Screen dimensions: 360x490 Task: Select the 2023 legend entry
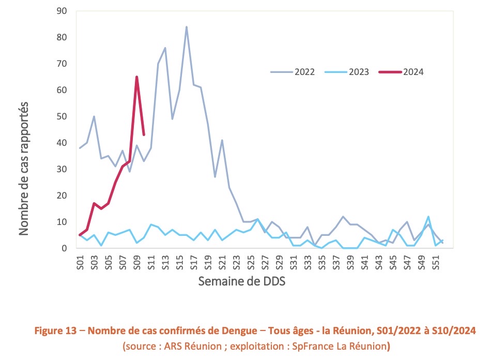coord(346,72)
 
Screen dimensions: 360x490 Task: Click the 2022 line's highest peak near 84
coord(187,27)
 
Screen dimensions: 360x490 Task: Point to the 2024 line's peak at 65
coord(136,77)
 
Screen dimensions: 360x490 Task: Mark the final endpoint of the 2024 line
coord(144,135)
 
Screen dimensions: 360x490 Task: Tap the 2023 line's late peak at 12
coord(428,217)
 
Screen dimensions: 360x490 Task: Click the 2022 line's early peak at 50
coord(94,116)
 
